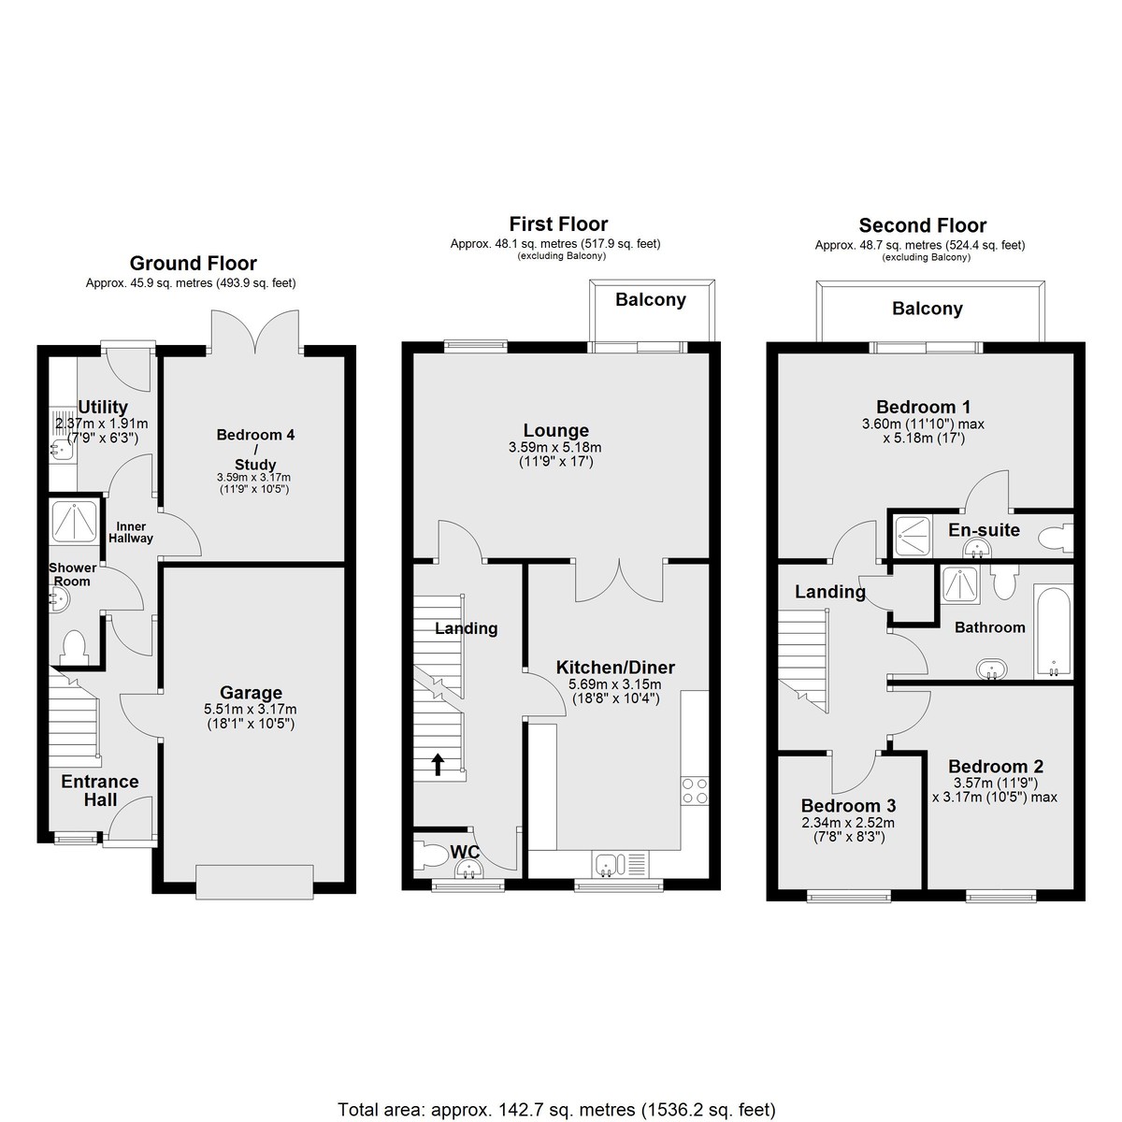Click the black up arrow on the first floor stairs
point(438,764)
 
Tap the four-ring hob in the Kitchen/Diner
point(695,791)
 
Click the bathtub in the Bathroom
point(1054,632)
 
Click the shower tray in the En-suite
point(913,535)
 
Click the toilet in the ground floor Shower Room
point(74,647)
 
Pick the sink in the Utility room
point(61,449)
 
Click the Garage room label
point(251,693)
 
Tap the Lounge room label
point(556,430)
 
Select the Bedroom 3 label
point(848,806)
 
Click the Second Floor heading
point(922,225)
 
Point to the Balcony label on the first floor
point(651,300)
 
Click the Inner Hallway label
point(131,532)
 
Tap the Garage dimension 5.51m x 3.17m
point(251,709)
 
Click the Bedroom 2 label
point(996,767)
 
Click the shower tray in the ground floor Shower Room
point(75,521)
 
